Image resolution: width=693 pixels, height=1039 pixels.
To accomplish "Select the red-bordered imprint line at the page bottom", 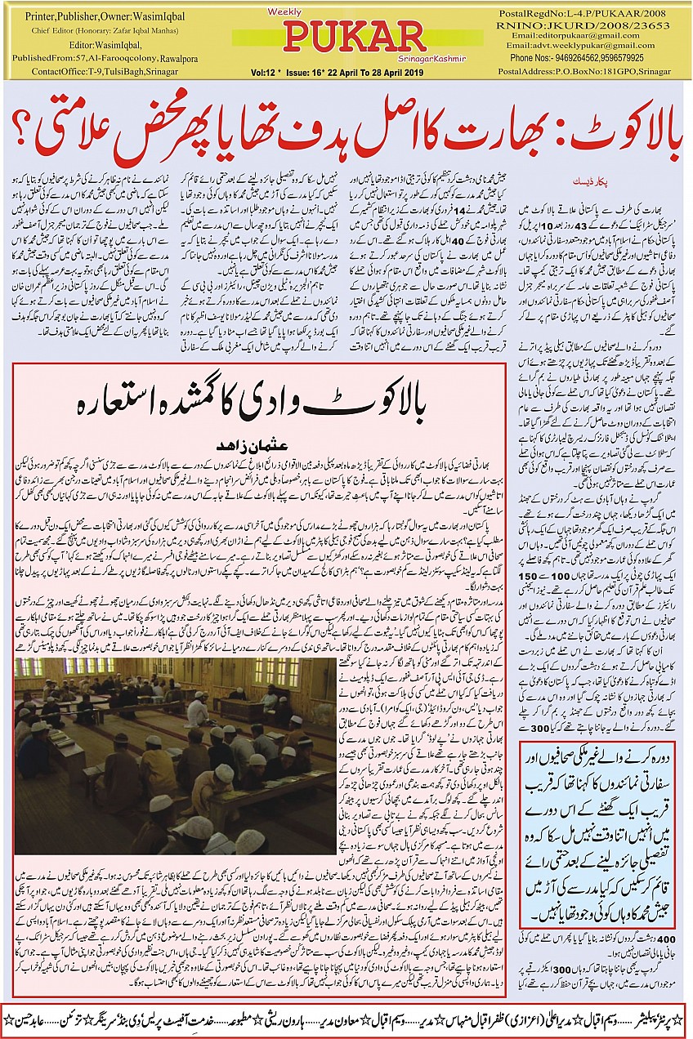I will (346, 1020).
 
